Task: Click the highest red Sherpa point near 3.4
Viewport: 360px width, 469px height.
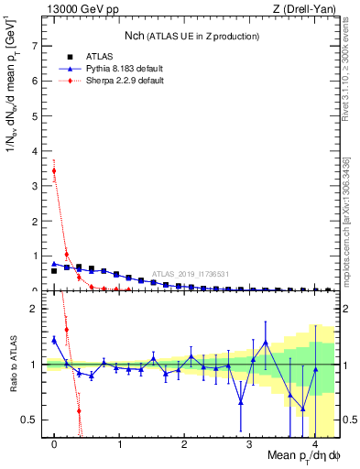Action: [54, 170]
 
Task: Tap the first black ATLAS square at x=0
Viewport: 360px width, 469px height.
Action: [54, 271]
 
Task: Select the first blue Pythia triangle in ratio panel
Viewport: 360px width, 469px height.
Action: [54, 340]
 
